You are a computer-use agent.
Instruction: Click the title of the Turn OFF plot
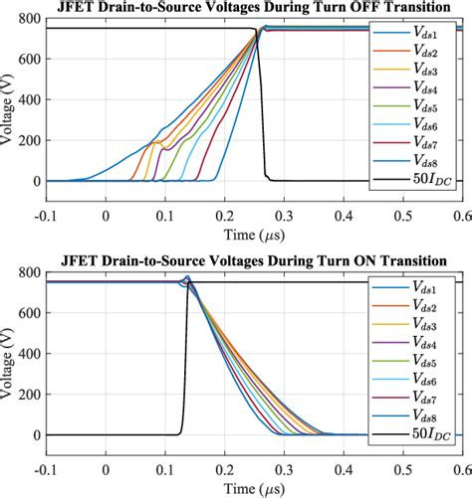click(249, 9)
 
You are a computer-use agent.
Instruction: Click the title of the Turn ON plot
click(249, 262)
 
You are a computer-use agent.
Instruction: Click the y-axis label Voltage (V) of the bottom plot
click(9, 358)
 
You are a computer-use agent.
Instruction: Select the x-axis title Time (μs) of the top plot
click(249, 233)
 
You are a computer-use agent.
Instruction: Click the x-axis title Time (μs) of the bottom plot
click(249, 486)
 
